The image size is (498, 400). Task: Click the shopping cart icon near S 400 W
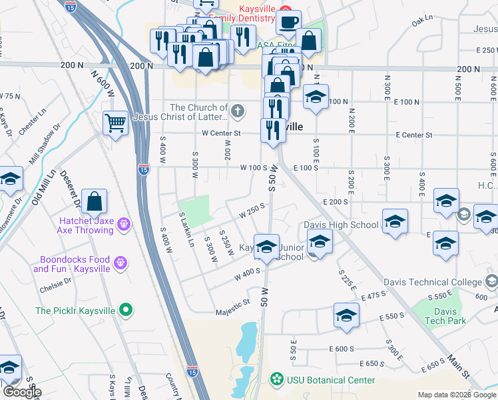[x=115, y=123]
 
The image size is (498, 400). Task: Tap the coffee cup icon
[x=288, y=22]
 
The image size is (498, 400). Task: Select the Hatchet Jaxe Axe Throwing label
[x=77, y=225]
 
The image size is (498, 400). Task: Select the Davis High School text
[x=341, y=225]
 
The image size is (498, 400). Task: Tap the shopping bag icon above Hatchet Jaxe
[x=95, y=202]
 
